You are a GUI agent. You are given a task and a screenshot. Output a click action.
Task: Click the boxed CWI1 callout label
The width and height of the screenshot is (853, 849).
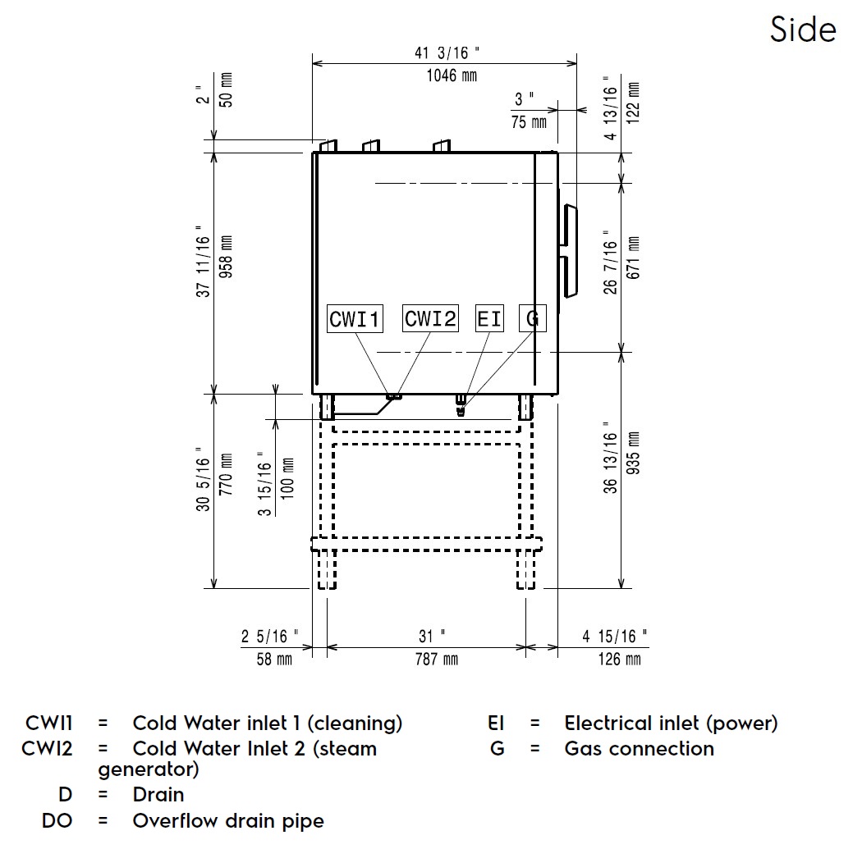click(x=355, y=318)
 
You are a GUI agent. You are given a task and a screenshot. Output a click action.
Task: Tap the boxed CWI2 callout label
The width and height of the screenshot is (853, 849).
click(x=430, y=318)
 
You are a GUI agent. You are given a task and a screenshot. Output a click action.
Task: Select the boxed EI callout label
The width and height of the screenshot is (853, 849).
click(x=489, y=318)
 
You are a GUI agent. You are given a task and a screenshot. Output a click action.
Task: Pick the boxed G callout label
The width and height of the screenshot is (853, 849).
click(x=532, y=318)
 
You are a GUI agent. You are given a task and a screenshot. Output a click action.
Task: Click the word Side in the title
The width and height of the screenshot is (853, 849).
click(x=802, y=30)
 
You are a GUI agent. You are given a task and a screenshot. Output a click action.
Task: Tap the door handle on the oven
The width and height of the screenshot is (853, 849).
click(x=568, y=249)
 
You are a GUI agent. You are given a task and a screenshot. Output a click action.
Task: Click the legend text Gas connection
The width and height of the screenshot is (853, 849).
click(x=639, y=749)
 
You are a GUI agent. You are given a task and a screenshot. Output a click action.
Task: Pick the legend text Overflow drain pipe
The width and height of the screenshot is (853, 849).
click(x=228, y=821)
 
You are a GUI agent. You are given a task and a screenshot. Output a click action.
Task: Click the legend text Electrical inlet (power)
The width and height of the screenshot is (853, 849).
click(x=671, y=723)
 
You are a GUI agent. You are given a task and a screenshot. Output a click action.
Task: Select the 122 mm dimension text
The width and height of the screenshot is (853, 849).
click(x=632, y=102)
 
